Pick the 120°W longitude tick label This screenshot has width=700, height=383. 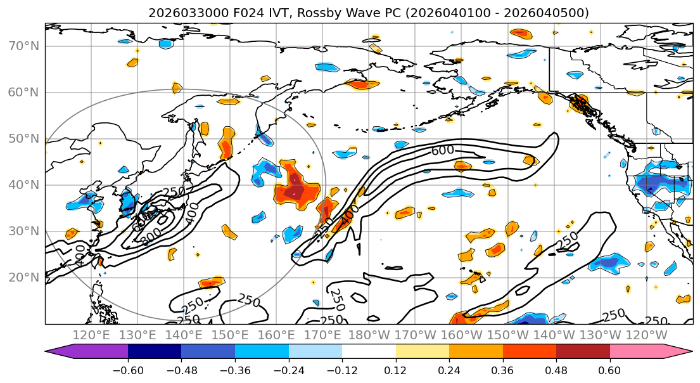pos(646,335)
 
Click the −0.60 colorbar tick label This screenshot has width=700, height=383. pos(128,370)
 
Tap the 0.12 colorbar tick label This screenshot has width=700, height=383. pos(395,370)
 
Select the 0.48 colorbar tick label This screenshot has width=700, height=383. pos(556,370)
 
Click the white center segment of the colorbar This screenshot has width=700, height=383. pos(369,352)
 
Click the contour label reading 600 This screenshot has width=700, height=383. pos(442,151)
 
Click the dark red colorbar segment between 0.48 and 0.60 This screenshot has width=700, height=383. pos(583,352)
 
